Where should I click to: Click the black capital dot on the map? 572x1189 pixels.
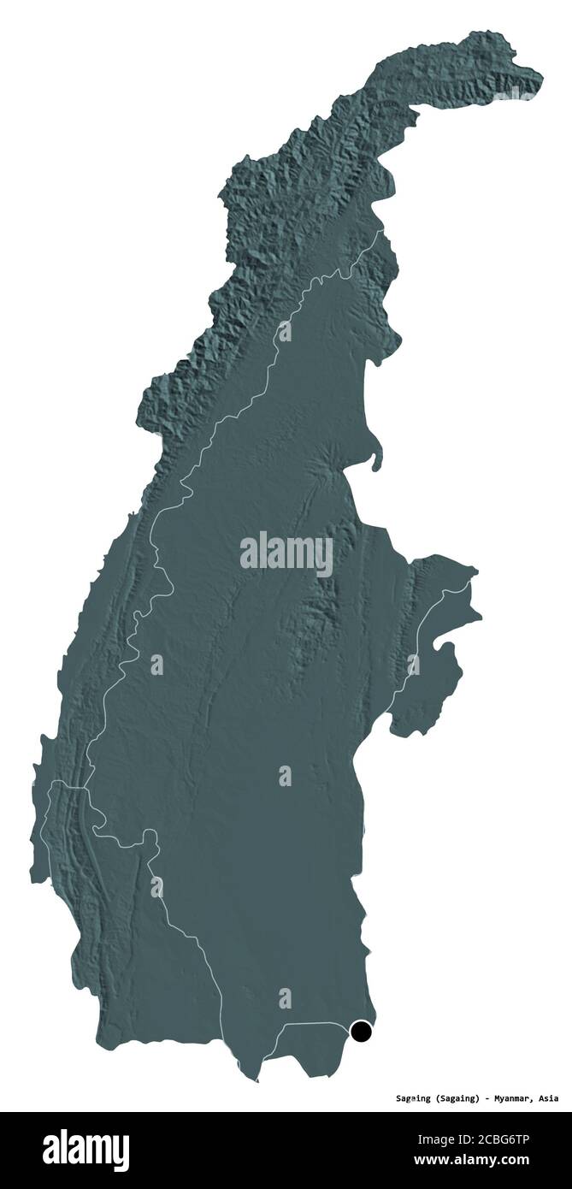click(x=363, y=1032)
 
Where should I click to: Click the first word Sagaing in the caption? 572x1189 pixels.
click(x=413, y=1098)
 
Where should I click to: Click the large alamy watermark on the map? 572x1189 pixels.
click(x=286, y=553)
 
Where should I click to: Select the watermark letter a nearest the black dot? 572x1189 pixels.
click(x=285, y=997)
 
